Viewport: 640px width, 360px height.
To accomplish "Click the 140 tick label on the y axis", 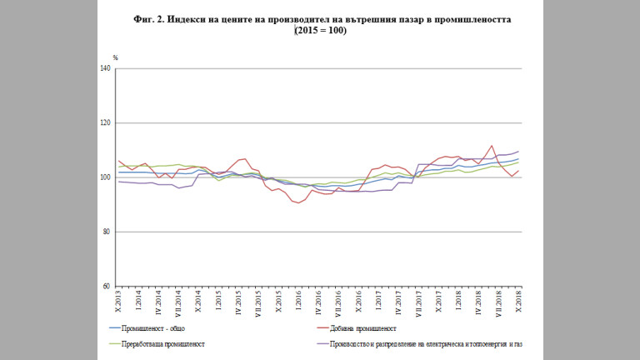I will [106, 68].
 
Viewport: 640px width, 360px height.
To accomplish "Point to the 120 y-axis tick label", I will [106, 122].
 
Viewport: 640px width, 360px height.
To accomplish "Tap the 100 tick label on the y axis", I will [106, 177].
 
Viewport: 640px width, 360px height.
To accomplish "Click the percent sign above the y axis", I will [116, 57].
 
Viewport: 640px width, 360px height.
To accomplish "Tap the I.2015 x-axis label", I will [218, 300].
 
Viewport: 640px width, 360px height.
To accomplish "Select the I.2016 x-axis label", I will [298, 300].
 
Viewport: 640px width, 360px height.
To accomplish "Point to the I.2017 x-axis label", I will [378, 300].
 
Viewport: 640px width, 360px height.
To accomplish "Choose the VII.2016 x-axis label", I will [338, 302].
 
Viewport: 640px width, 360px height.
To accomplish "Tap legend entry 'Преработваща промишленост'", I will [163, 342].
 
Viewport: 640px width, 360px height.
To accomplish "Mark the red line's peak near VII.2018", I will [492, 146].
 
